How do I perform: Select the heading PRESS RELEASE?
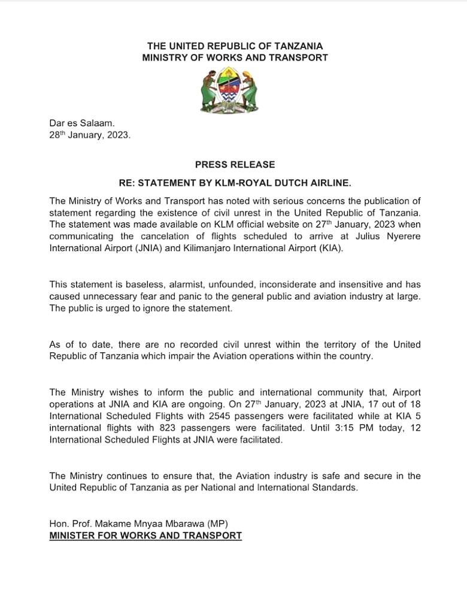click(x=235, y=164)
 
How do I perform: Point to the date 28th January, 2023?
click(x=90, y=135)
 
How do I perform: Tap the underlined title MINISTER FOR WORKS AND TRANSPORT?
click(x=145, y=535)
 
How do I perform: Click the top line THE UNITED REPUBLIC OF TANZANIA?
click(x=235, y=46)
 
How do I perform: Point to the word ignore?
click(x=154, y=308)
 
